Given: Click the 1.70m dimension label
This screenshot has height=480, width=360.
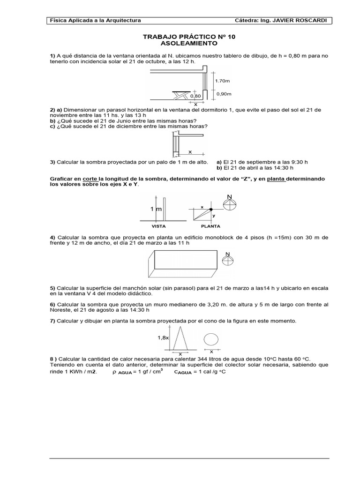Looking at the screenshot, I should coord(222,81).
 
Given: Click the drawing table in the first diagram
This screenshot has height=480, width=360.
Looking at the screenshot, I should coord(181,94).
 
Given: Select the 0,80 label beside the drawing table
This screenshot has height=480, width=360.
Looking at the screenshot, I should coord(195,96).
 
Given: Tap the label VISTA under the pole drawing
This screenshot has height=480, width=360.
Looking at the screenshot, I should coord(158,225).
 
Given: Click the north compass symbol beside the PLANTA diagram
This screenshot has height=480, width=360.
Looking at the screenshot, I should coord(229,204).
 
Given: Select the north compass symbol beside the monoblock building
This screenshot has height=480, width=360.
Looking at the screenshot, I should coord(228,259).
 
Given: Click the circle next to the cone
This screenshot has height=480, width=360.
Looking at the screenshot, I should coord(211,339).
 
